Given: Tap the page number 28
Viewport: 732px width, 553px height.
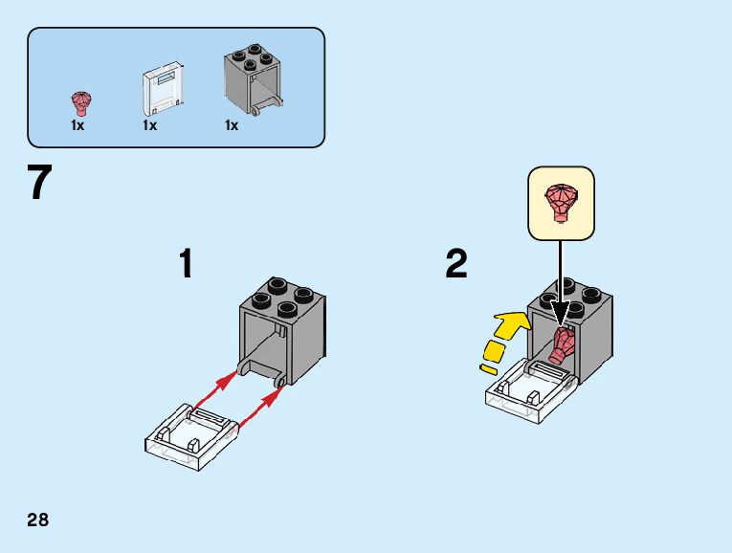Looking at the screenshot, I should [38, 520].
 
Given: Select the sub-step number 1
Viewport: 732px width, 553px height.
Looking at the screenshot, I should [187, 264].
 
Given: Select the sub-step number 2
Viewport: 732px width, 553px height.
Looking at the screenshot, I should [456, 264].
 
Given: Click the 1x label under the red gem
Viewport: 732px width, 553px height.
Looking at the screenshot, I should [78, 125].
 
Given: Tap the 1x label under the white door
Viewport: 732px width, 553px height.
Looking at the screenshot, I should [150, 125].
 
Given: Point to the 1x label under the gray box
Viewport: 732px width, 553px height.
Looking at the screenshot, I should [232, 125].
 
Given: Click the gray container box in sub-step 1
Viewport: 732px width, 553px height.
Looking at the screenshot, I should [282, 325].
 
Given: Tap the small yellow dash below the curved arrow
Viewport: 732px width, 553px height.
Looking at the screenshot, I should [490, 367].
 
